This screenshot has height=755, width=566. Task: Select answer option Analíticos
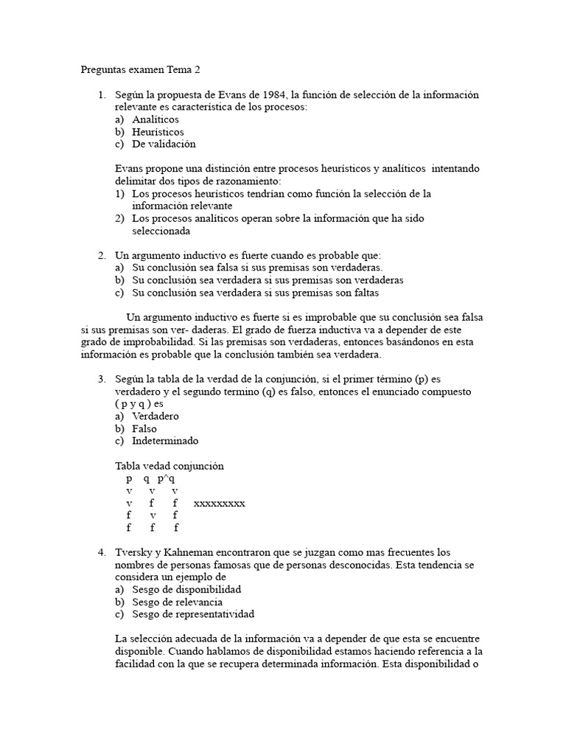(156, 119)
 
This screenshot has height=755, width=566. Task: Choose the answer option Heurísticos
(158, 132)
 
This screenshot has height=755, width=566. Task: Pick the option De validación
(164, 145)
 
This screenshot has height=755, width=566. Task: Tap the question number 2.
(102, 255)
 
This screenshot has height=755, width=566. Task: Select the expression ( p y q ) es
(139, 404)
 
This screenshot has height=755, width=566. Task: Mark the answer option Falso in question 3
(144, 429)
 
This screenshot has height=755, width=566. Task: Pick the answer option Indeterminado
(165, 441)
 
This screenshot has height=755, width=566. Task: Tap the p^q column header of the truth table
(166, 479)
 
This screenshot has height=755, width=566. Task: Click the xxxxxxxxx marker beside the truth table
(219, 504)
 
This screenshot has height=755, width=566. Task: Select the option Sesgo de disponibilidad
(186, 590)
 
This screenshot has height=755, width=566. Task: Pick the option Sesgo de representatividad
(193, 614)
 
